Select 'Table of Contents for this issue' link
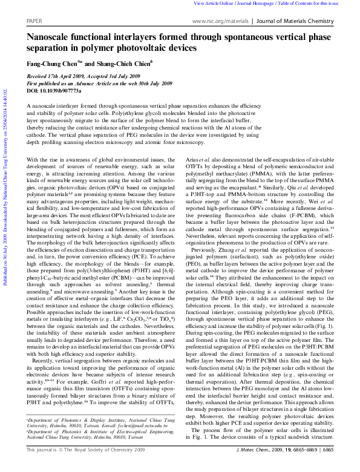[x=317, y=4]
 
